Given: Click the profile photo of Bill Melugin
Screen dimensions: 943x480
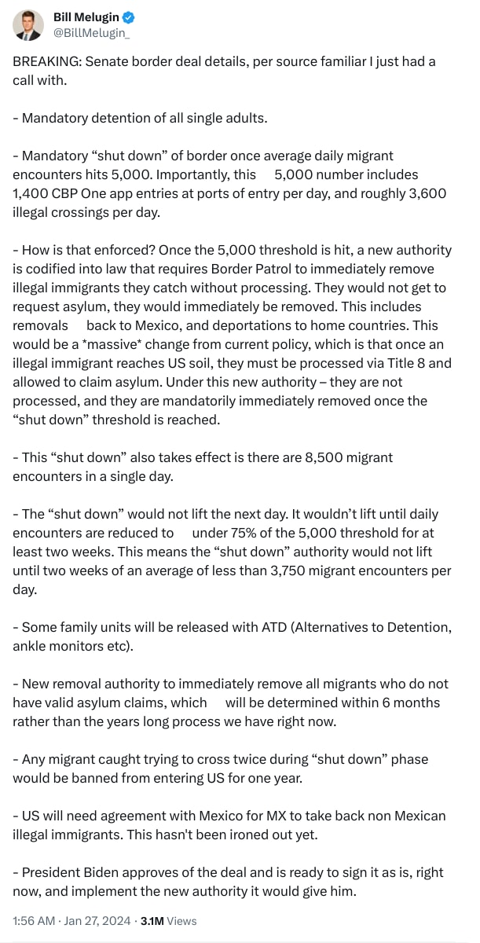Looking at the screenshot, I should [28, 26].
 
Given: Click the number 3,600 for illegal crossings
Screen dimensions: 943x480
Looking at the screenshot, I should [427, 193].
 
